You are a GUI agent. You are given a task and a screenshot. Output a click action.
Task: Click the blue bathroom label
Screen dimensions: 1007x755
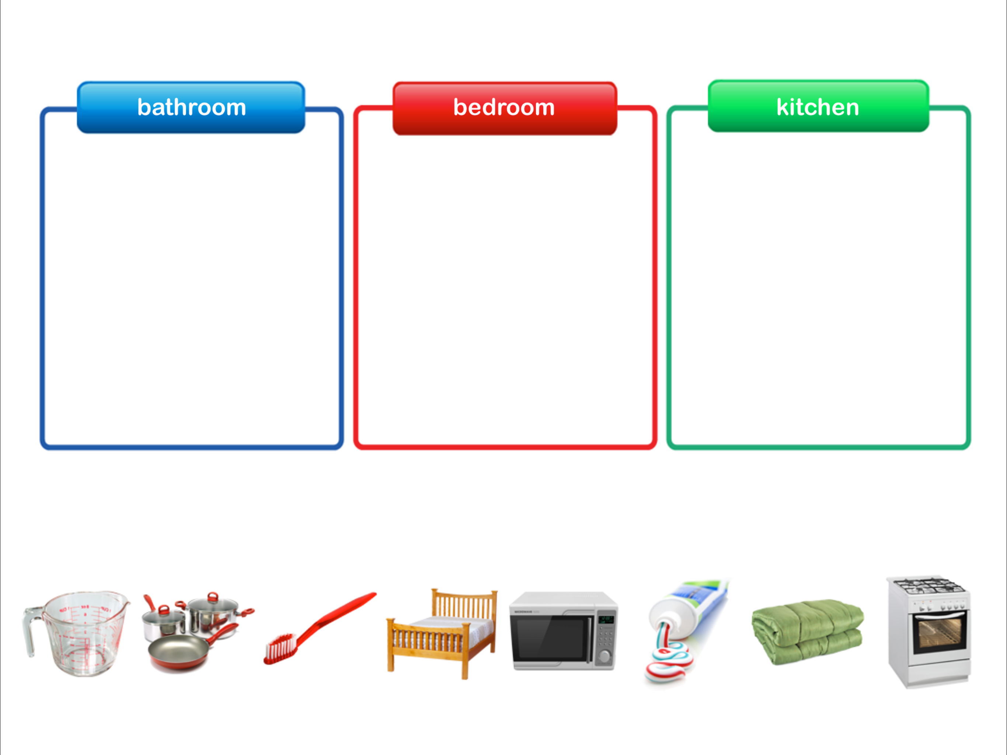pos(191,108)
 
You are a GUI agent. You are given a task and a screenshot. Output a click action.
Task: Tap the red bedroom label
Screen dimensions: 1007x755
pos(504,108)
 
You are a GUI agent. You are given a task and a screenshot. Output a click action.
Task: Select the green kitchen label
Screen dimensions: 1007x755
pos(818,107)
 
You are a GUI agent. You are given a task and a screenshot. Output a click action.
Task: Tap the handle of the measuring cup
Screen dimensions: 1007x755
pos(29,631)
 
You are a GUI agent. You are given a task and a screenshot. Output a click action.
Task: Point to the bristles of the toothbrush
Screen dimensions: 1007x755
pos(279,648)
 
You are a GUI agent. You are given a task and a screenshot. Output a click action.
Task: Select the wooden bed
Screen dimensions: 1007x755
pos(442,633)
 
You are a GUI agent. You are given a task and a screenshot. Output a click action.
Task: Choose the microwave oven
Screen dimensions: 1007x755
pos(563,631)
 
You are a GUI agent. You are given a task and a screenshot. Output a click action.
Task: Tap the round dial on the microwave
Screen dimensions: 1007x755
pos(605,656)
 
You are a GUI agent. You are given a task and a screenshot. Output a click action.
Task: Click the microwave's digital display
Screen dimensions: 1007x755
pos(606,620)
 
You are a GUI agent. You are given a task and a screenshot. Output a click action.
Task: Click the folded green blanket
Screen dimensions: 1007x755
pos(807,632)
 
